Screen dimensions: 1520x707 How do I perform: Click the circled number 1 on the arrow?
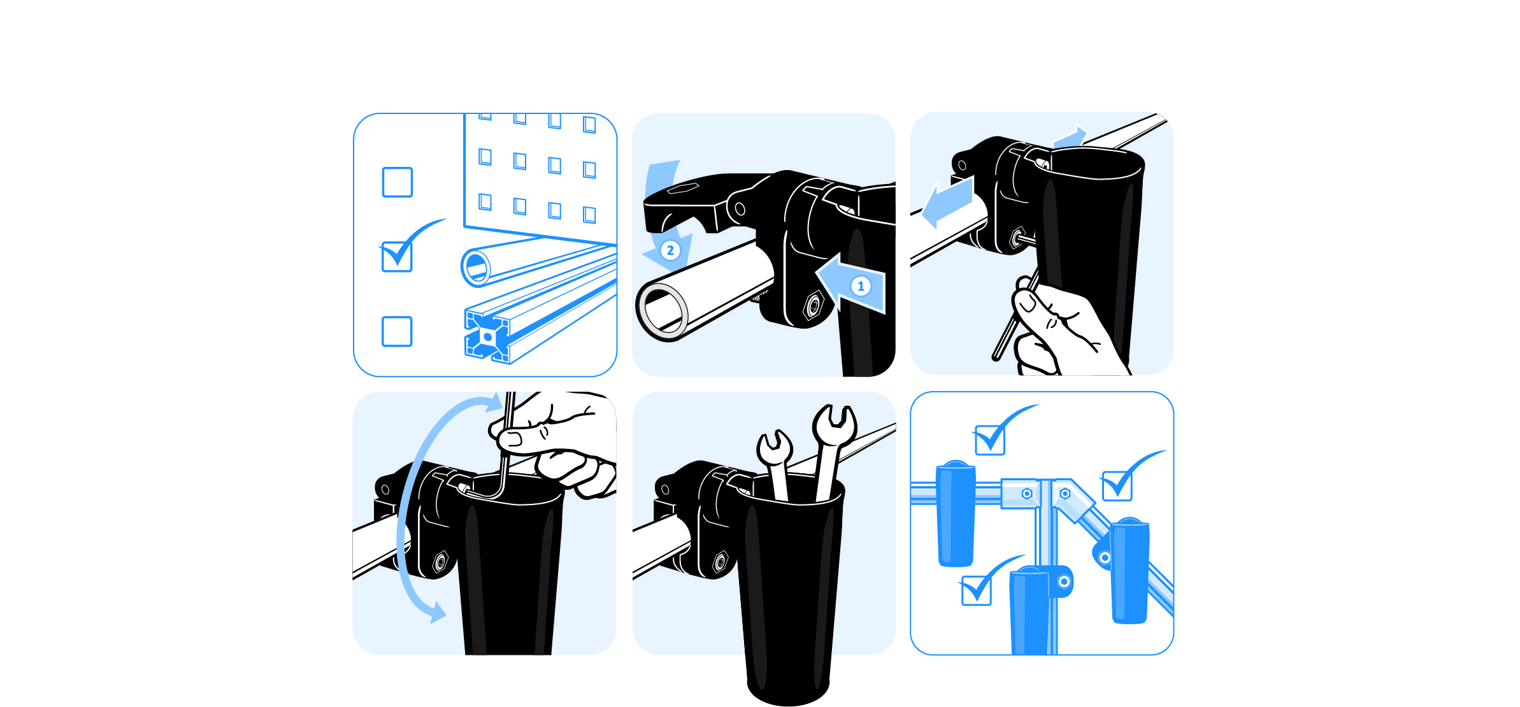coord(861,286)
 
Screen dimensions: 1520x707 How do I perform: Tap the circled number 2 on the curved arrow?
coord(670,250)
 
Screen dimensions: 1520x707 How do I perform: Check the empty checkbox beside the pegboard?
coord(397,182)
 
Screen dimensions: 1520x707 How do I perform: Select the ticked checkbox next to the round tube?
coord(397,257)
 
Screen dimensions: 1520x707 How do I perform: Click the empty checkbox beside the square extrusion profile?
coord(397,331)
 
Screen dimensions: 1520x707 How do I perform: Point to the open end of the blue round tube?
coord(476,267)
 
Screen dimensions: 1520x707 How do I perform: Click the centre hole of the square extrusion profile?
coord(487,337)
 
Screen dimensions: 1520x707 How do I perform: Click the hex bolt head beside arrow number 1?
coord(814,306)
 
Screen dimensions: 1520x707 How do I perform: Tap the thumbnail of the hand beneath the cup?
coord(1027,301)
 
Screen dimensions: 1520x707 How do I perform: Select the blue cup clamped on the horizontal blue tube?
coord(956,513)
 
